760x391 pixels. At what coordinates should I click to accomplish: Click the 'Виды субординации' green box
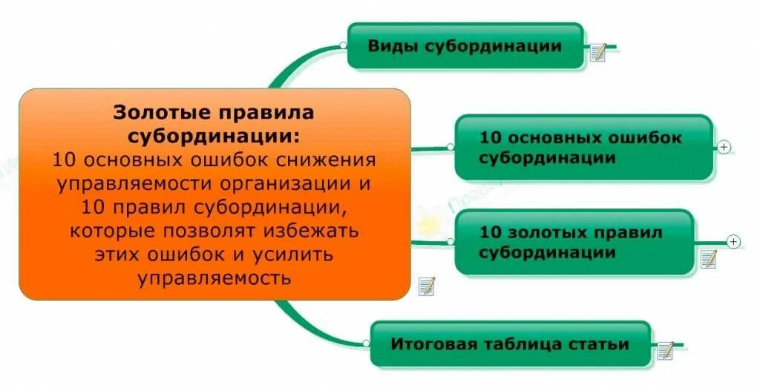pyautogui.click(x=465, y=46)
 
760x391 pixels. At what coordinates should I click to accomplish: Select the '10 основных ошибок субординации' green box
pyautogui.click(x=583, y=147)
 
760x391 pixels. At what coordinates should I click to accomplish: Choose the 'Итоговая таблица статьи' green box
pyautogui.click(x=510, y=344)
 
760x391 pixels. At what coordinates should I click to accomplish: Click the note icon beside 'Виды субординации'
pyautogui.click(x=598, y=52)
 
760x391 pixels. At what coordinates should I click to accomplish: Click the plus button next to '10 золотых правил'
pyautogui.click(x=734, y=241)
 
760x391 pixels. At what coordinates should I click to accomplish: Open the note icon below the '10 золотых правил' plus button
pyautogui.click(x=709, y=259)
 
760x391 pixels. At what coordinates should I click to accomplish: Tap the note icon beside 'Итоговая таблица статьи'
pyautogui.click(x=665, y=350)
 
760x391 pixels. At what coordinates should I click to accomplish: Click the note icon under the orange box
pyautogui.click(x=426, y=286)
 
